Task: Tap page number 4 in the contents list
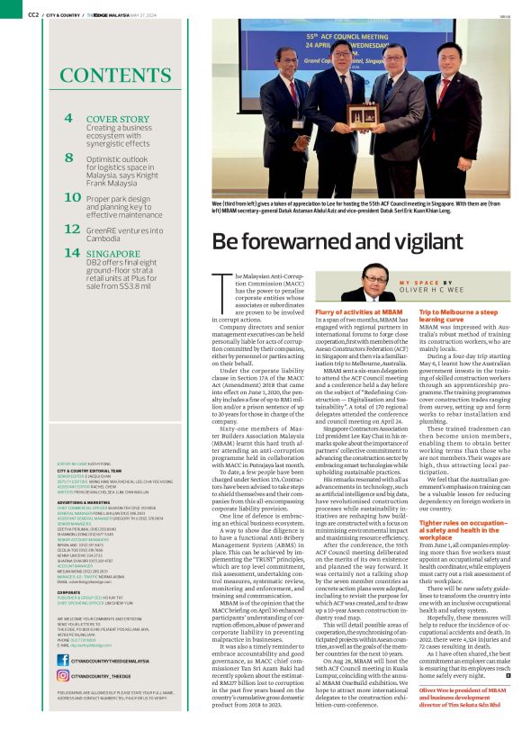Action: coord(69,118)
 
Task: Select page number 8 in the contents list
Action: coord(69,157)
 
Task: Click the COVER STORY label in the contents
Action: coord(118,119)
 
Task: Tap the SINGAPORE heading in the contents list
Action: coord(113,254)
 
